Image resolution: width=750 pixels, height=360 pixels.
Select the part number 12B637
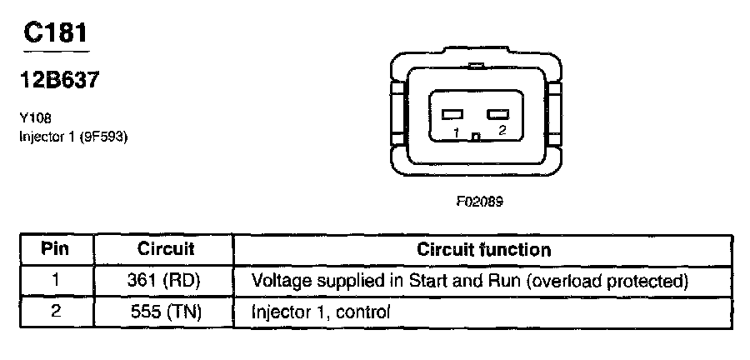[x=58, y=80]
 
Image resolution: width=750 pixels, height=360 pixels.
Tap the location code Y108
[x=33, y=118]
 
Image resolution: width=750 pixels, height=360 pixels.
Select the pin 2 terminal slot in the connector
[x=497, y=114]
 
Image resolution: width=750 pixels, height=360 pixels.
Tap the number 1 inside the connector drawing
[x=456, y=132]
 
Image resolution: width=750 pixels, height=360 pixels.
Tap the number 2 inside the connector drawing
[x=501, y=131]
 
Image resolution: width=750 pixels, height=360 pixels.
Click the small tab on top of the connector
[x=476, y=66]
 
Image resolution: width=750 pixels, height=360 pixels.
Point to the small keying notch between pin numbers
[x=476, y=137]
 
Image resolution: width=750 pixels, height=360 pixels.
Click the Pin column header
[x=55, y=249]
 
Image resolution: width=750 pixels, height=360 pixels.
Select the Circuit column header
[x=165, y=249]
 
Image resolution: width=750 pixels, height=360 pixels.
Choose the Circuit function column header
[x=483, y=249]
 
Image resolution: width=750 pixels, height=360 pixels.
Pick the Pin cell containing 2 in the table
[x=55, y=312]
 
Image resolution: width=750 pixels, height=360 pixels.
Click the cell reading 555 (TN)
[x=165, y=312]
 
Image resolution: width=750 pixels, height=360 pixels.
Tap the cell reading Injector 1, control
[x=321, y=312]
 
